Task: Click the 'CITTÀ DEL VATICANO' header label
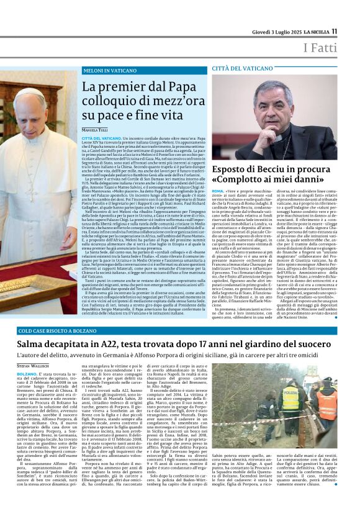tap(242, 68)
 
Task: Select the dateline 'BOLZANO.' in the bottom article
tap(27, 374)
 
